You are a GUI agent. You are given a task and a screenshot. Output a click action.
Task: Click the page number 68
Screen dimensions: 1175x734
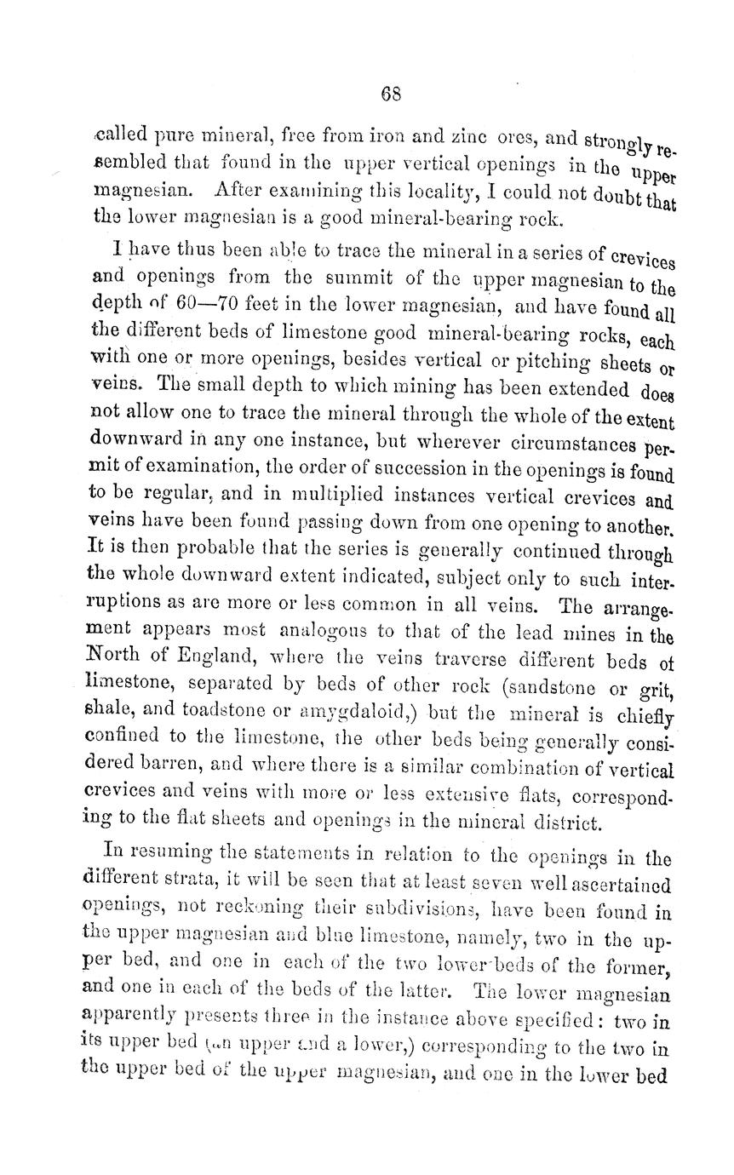[391, 94]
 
